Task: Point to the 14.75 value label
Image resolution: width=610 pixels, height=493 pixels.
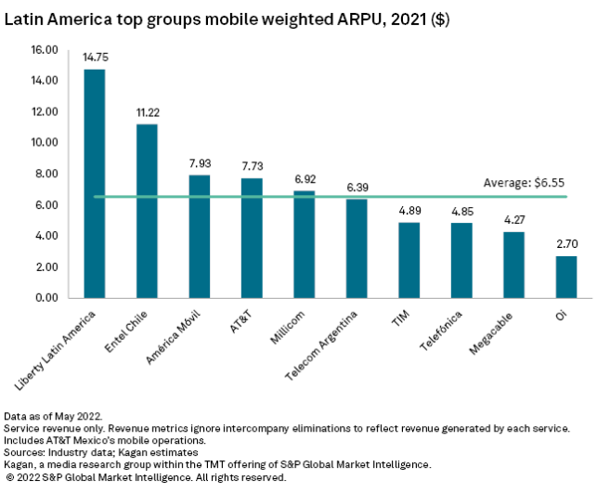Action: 95,58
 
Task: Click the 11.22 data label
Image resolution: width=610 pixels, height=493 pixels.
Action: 147,112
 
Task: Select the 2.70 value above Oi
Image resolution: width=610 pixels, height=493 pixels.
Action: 566,244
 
